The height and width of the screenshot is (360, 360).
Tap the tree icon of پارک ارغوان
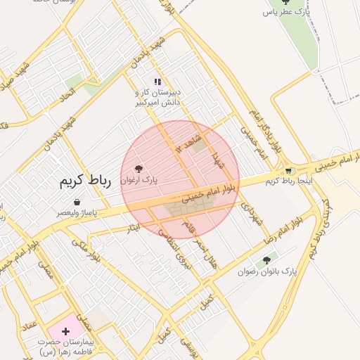coord(137,169)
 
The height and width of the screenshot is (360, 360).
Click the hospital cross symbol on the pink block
coord(66,330)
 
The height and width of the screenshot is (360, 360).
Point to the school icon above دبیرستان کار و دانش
coord(158,82)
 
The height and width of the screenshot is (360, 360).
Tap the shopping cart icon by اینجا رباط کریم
coord(289,171)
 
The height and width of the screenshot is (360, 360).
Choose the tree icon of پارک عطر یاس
coord(285,2)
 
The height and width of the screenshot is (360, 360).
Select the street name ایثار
coord(133,227)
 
